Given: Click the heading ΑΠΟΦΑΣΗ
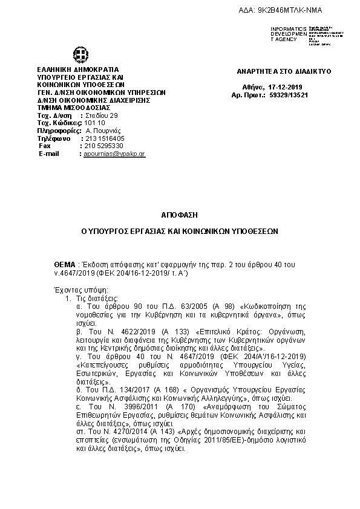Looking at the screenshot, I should [180, 215].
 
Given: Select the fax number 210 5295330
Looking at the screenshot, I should [103, 146].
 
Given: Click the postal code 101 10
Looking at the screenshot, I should [94, 123].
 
